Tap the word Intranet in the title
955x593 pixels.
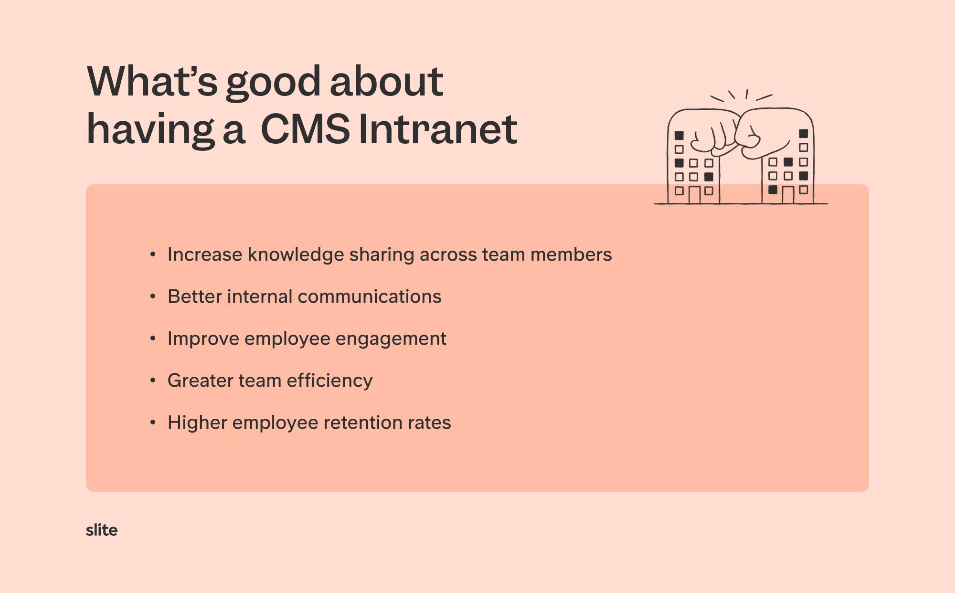(x=438, y=128)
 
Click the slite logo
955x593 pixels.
(x=102, y=530)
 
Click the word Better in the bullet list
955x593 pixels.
(x=194, y=296)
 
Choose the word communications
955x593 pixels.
(x=370, y=296)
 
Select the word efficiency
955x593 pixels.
(x=329, y=381)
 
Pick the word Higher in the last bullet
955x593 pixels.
(x=197, y=423)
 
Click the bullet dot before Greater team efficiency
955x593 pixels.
(x=153, y=381)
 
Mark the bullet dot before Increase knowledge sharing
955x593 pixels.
(x=153, y=254)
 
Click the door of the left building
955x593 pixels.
(x=694, y=195)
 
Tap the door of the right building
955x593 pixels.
(x=788, y=195)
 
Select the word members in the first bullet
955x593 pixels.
(x=571, y=254)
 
